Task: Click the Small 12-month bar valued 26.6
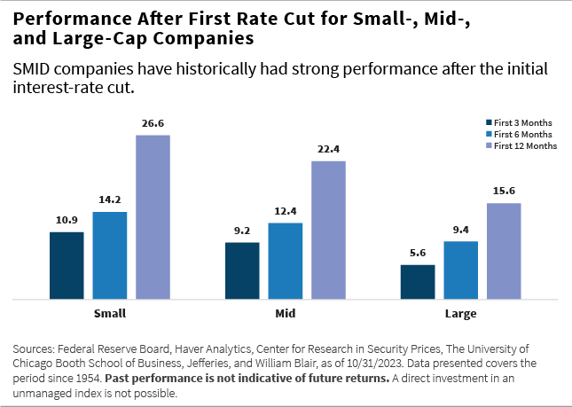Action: point(153,217)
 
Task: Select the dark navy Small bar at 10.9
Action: point(67,266)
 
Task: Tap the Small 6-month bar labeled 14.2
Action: point(110,255)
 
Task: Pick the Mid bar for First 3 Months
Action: point(242,270)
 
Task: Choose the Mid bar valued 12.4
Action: point(286,261)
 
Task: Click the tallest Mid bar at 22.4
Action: point(328,231)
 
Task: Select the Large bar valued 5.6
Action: point(418,282)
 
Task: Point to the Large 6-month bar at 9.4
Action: point(461,270)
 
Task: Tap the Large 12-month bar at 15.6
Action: point(504,251)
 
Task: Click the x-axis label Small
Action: point(109,314)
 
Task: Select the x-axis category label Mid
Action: point(285,314)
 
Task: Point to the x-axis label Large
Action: point(460,314)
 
